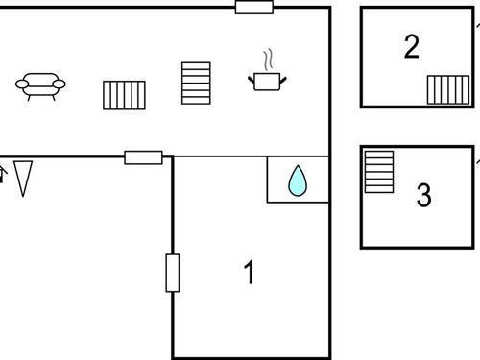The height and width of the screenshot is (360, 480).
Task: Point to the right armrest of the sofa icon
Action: click(60, 84)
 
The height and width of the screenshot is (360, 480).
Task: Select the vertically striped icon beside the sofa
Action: click(124, 95)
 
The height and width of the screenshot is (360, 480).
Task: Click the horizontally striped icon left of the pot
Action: click(196, 84)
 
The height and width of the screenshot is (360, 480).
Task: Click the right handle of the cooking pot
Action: click(282, 75)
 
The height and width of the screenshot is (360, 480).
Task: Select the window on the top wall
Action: click(254, 8)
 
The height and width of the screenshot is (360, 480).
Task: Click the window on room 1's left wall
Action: click(173, 272)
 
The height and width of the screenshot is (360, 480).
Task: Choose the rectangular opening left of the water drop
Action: click(143, 157)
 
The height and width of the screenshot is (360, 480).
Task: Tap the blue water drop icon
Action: click(298, 180)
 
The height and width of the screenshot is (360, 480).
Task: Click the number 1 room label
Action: click(250, 273)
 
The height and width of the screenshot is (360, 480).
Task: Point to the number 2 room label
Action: click(412, 46)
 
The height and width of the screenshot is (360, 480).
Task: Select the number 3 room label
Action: click(423, 196)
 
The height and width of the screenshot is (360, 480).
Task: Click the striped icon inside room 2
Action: click(448, 89)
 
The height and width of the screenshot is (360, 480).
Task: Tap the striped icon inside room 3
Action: click(378, 172)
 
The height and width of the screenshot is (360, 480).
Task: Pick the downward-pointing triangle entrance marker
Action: click(23, 178)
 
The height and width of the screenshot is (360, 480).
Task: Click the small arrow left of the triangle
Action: click(2, 175)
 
